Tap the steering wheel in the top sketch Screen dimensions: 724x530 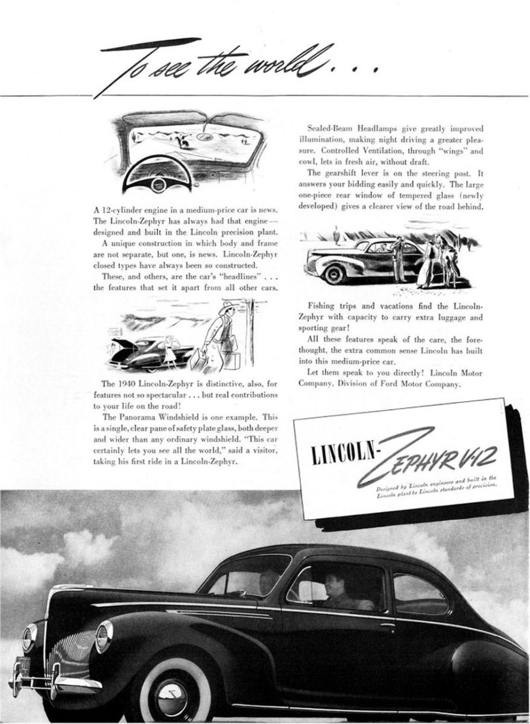point(157,175)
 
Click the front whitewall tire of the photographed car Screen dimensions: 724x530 point(174,690)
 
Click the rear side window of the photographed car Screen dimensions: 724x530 point(419,594)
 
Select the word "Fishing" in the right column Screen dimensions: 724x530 point(321,306)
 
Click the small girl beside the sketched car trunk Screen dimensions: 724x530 point(169,352)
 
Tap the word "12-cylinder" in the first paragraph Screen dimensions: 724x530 point(122,211)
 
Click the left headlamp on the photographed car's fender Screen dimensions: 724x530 point(103,636)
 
